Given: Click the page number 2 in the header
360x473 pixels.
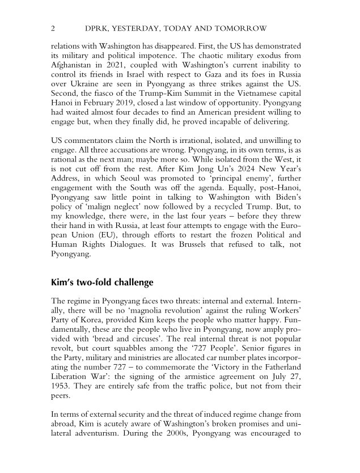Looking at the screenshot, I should pyautogui.click(x=53, y=28).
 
